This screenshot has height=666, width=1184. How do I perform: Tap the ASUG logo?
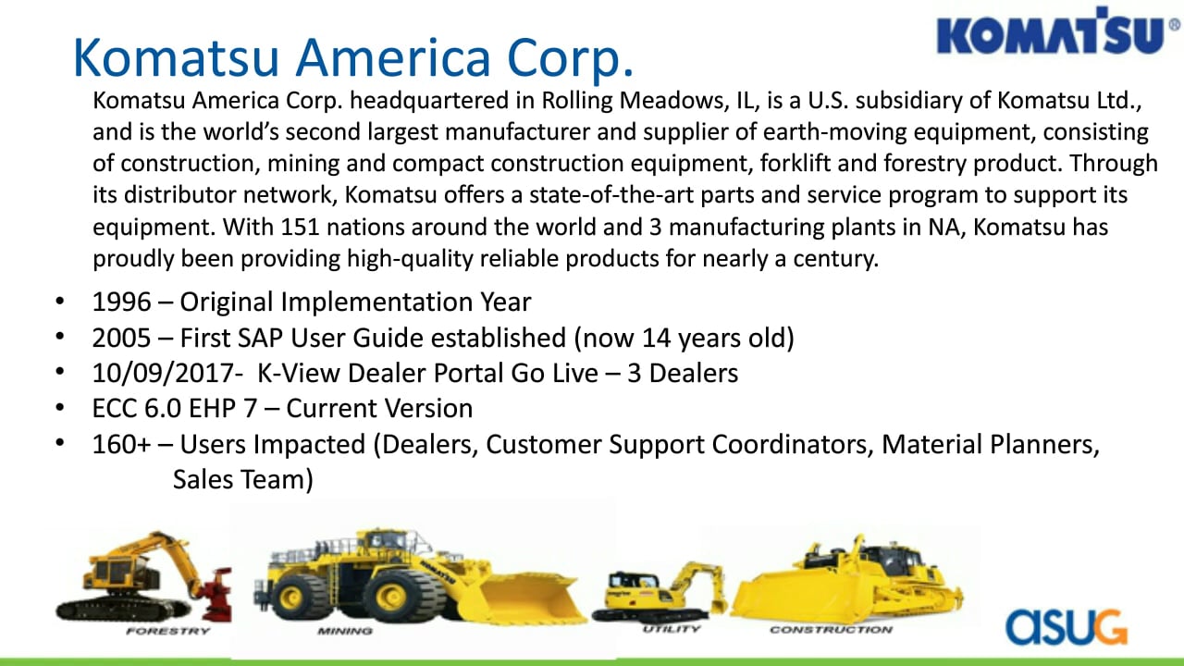click(x=1067, y=627)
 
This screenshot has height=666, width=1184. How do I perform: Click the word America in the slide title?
click(x=393, y=57)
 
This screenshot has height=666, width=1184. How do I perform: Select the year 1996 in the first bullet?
click(x=121, y=302)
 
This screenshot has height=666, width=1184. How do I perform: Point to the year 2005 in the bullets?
click(x=121, y=338)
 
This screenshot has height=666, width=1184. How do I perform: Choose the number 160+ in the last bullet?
click(x=121, y=445)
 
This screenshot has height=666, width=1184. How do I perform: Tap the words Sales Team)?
click(x=243, y=480)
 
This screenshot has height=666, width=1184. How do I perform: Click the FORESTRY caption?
click(x=168, y=631)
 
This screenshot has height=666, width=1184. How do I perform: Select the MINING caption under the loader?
click(x=345, y=631)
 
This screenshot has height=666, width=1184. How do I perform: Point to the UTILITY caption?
click(x=672, y=629)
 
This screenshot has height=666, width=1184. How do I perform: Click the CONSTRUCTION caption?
click(x=831, y=630)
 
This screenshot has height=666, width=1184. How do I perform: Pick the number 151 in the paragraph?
click(x=301, y=228)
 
